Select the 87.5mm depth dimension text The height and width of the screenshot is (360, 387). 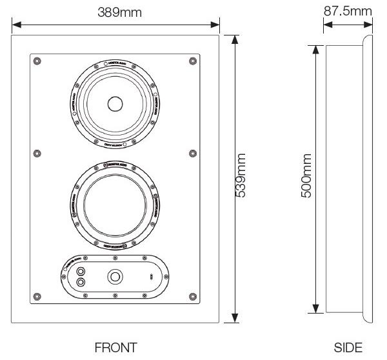tap(348, 10)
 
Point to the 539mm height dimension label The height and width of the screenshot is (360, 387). tap(243, 175)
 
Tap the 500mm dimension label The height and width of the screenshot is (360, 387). tap(307, 175)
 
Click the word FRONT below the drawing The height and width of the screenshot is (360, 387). tap(115, 348)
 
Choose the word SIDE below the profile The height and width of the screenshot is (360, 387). tap(348, 348)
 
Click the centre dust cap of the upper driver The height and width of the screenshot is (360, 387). tap(115, 104)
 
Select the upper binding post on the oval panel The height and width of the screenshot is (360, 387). tap(81, 270)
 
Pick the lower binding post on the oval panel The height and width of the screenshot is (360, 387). tap(81, 282)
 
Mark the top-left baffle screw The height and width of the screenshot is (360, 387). tap(38, 61)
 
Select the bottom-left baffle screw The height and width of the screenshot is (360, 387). tap(38, 296)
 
